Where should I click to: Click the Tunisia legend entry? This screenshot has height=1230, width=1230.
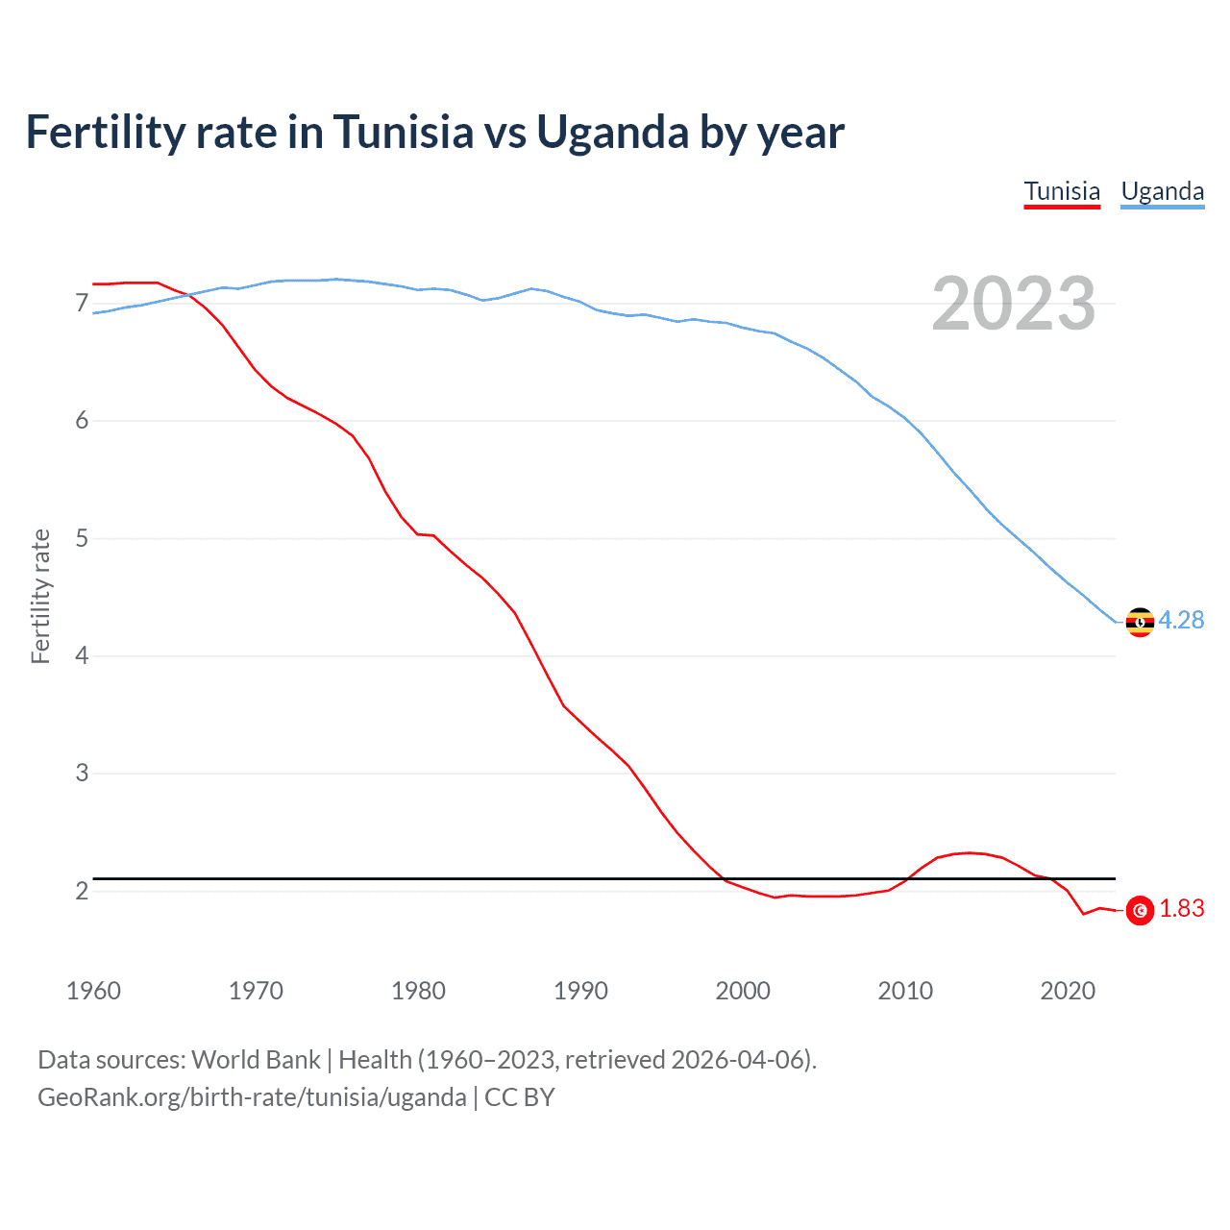[1062, 191]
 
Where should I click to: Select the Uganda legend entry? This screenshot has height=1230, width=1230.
[1162, 191]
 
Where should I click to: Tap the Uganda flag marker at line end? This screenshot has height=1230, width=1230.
[1140, 623]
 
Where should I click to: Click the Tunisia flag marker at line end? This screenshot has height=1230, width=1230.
[1140, 910]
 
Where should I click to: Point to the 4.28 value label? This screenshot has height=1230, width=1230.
[1181, 621]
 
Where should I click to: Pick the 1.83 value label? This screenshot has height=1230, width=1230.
[1181, 909]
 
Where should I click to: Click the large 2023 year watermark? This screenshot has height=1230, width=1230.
[1013, 304]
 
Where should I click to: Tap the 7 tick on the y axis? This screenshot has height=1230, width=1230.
[82, 304]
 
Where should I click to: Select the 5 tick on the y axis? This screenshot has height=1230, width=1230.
[82, 538]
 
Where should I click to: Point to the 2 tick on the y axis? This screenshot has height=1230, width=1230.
[82, 891]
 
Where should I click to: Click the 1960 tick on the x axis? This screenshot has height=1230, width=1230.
[93, 991]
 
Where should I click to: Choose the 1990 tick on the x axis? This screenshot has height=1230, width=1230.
[580, 991]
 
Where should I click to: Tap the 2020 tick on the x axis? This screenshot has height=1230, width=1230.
[1068, 991]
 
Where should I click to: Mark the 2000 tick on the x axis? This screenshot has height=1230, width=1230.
[743, 991]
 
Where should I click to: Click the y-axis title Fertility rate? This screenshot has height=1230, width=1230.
[40, 596]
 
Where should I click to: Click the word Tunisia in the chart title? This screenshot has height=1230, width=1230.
[404, 132]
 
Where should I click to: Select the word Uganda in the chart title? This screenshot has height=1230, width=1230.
[611, 132]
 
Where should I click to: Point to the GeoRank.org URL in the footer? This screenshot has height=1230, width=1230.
[252, 1097]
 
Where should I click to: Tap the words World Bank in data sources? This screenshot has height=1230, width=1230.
[256, 1060]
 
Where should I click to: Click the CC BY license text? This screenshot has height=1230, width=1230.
[520, 1097]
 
